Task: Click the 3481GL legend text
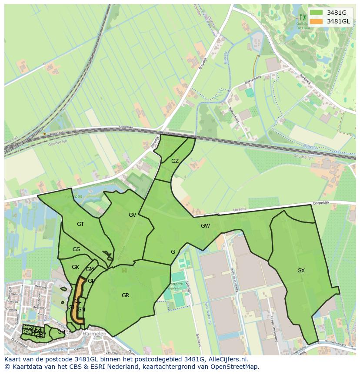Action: [338, 21]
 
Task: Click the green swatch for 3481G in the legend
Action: [317, 12]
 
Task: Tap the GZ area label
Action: [175, 161]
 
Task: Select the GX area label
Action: [301, 270]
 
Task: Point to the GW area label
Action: [205, 226]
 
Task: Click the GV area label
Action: [133, 215]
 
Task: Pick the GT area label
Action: [80, 224]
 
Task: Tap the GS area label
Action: [76, 249]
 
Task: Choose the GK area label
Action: [75, 267]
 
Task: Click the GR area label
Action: [125, 295]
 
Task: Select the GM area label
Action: [90, 269]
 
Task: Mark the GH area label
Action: [61, 332]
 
